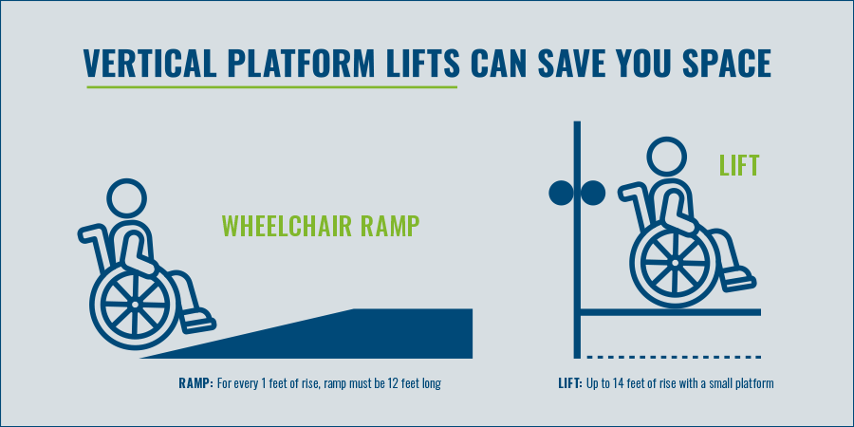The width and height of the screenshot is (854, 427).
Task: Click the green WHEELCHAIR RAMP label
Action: (x=320, y=226)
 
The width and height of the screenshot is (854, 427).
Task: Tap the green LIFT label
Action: (x=738, y=167)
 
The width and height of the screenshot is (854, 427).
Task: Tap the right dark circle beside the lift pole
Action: (x=593, y=194)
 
